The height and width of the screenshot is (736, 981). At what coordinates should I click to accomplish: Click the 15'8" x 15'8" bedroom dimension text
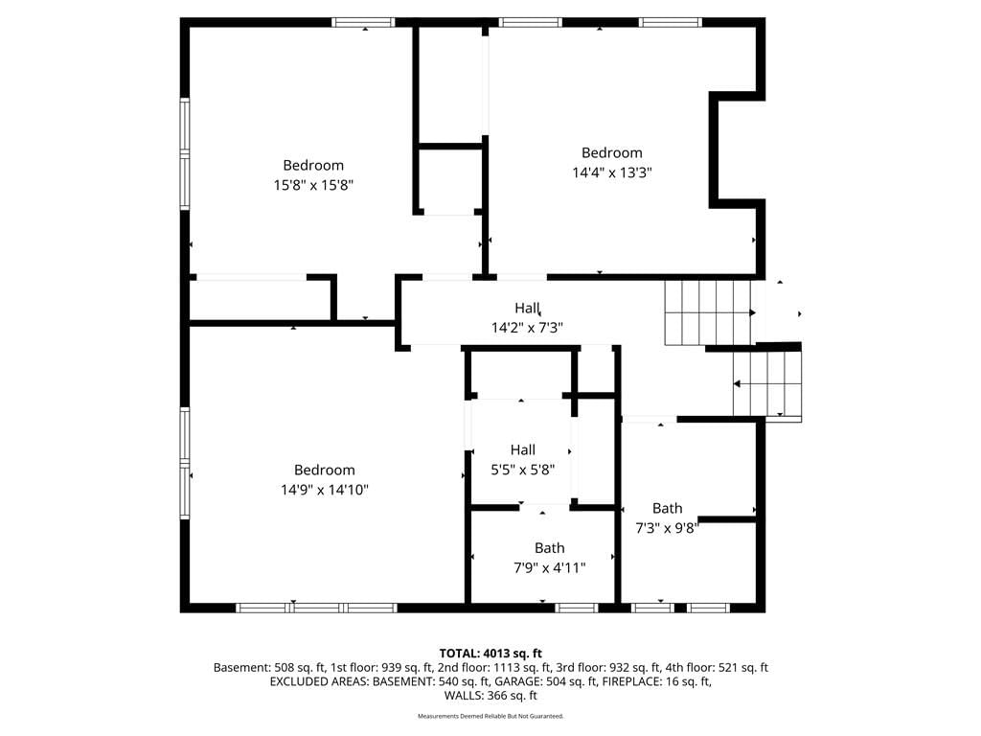(313, 185)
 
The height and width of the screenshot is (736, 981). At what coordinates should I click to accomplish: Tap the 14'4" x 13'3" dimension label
(612, 172)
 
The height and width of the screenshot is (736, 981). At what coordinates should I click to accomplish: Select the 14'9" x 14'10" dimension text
(324, 490)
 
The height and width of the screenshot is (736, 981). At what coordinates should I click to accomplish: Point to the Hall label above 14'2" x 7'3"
(528, 308)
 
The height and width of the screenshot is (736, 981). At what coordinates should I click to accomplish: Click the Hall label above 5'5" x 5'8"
(522, 450)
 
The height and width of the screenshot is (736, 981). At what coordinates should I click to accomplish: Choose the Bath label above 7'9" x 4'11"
(549, 548)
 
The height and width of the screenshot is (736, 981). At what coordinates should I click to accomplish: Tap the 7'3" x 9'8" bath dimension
(667, 528)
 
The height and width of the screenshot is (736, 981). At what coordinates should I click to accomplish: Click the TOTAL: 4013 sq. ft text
(490, 654)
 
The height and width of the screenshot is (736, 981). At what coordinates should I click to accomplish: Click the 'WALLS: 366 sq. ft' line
(490, 696)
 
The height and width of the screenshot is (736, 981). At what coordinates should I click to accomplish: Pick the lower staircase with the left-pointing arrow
(767, 383)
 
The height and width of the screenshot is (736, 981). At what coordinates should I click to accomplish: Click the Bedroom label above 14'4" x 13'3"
(612, 152)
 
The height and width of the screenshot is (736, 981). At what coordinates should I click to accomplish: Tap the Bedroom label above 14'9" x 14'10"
(324, 470)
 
